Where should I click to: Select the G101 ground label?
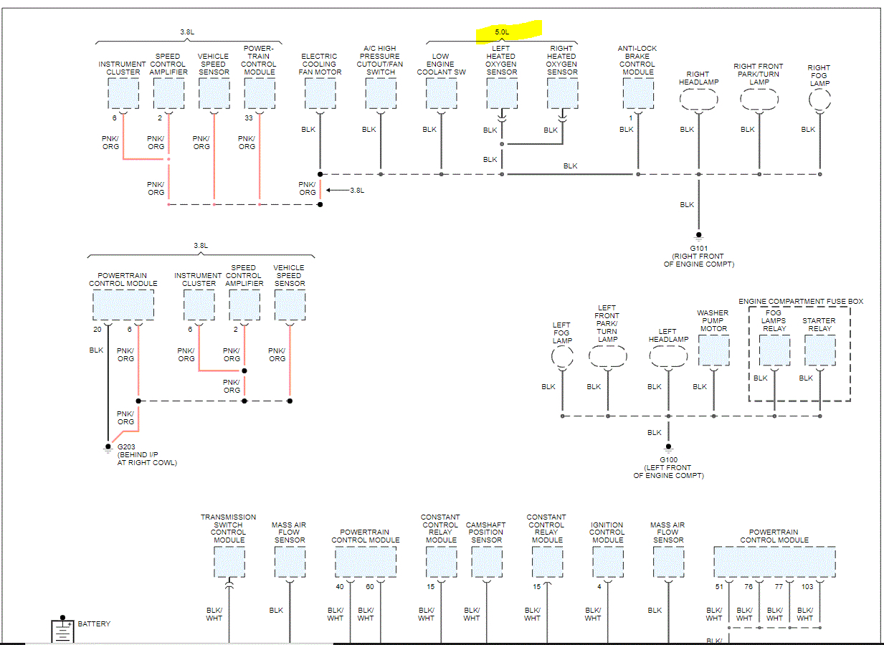(698, 248)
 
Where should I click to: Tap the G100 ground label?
(668, 460)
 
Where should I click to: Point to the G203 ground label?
(127, 446)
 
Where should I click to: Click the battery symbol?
(62, 631)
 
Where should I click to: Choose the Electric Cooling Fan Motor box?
(320, 93)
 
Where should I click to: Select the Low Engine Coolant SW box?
(441, 93)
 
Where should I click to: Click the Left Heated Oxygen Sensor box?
(501, 93)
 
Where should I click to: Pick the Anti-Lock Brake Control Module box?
(637, 93)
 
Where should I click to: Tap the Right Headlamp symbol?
(698, 100)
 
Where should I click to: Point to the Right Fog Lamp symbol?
(819, 100)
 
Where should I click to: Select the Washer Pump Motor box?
(713, 350)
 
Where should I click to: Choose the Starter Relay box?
(819, 350)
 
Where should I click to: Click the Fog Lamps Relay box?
(774, 350)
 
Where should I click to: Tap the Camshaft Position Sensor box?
(486, 562)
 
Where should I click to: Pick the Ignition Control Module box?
(607, 562)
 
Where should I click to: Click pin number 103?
(807, 587)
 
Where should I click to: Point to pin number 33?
(249, 118)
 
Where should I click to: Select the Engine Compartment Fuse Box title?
(801, 302)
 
